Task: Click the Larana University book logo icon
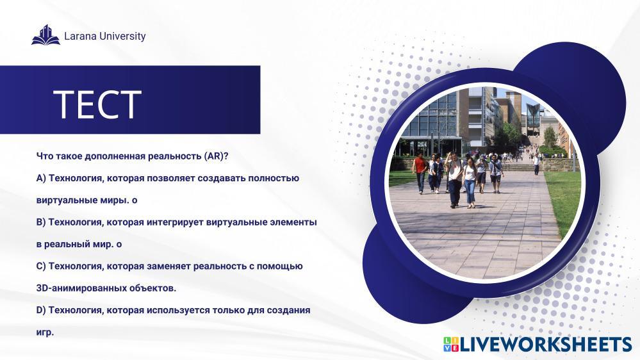[45, 35]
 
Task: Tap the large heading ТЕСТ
[97, 104]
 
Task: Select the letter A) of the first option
[41, 178]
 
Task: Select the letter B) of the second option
[41, 222]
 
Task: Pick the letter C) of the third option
[41, 266]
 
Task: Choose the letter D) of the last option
[41, 311]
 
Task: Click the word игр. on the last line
[45, 332]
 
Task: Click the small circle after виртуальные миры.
[135, 200]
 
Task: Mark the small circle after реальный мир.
[119, 245]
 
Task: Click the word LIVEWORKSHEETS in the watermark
[546, 345]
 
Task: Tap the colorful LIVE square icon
[452, 345]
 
